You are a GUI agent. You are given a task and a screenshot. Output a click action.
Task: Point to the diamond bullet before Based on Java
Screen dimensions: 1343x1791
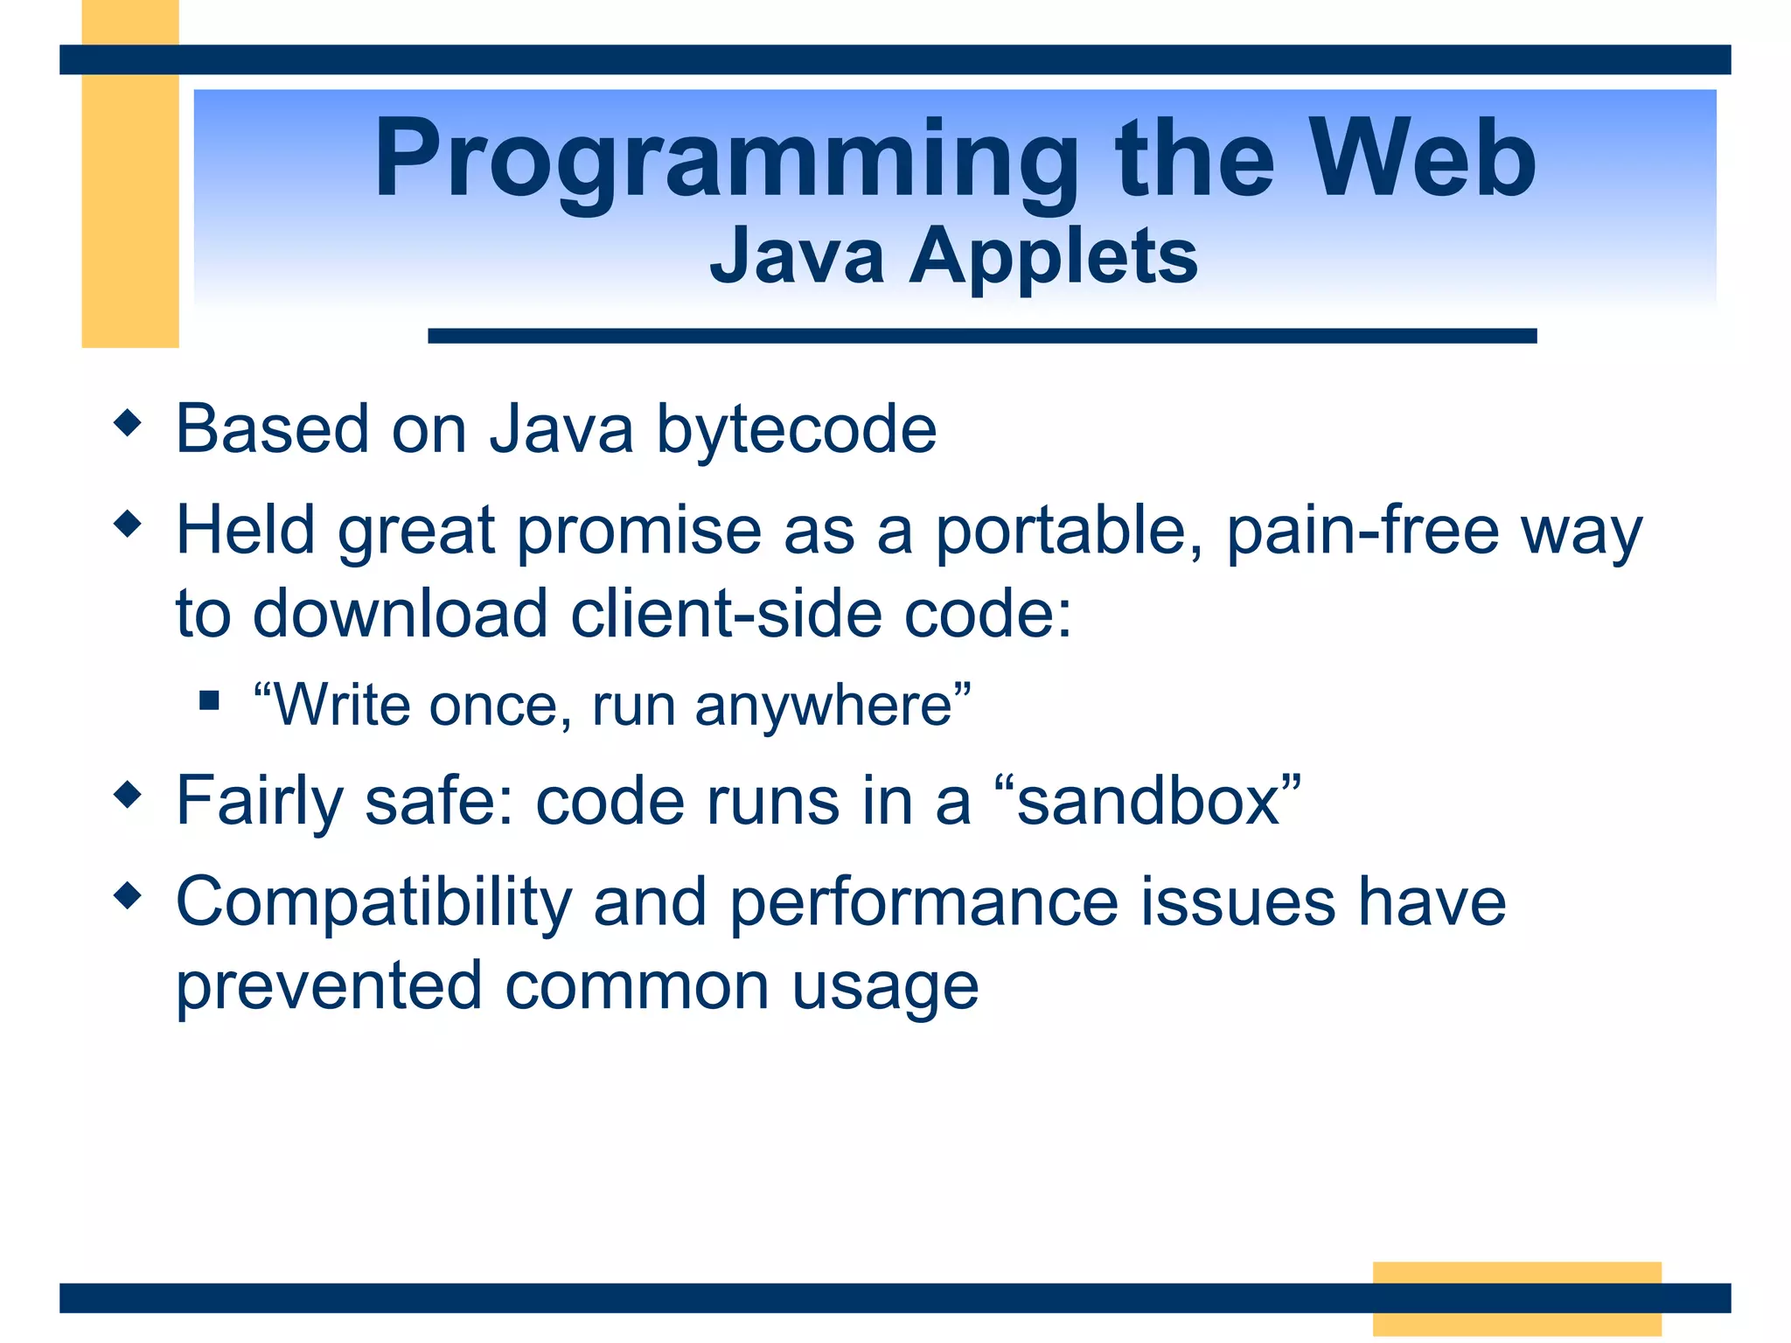click(x=128, y=424)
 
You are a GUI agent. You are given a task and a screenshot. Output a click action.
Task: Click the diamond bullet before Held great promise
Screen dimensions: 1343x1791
click(x=128, y=525)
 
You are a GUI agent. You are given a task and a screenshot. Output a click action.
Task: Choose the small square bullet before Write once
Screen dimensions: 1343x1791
click(x=208, y=699)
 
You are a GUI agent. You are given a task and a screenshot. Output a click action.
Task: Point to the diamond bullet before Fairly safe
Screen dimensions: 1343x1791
click(x=128, y=795)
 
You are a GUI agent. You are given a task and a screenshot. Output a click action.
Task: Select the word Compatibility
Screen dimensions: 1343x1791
click(x=373, y=903)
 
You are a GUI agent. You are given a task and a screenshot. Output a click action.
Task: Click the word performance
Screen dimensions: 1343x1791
click(x=923, y=903)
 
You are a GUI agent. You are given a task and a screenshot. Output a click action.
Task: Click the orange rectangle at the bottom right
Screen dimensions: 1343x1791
click(x=1516, y=1298)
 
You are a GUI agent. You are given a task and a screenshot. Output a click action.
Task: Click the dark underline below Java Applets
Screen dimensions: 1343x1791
click(x=981, y=336)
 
